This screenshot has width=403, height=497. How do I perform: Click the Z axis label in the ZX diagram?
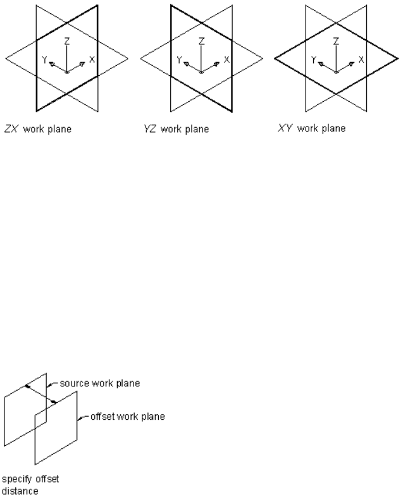(67, 40)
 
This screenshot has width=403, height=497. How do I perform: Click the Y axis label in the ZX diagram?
(44, 59)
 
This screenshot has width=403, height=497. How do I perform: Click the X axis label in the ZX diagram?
(92, 59)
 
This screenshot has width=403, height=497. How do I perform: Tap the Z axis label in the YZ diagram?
(201, 40)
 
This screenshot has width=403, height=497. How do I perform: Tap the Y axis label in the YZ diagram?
(178, 59)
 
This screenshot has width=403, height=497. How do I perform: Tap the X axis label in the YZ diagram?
(226, 59)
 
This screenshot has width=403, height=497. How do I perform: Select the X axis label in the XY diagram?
(361, 59)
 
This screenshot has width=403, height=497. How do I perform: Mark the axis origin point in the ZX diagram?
(67, 72)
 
